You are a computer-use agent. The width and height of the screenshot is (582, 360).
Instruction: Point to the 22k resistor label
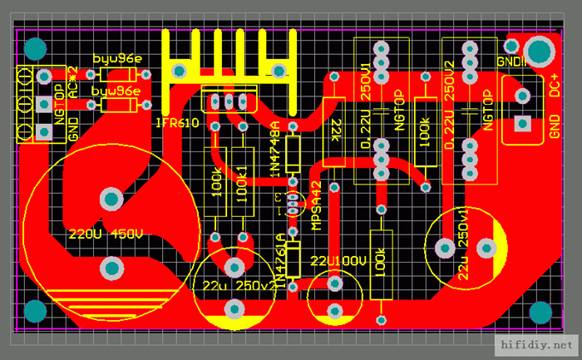pos(336,131)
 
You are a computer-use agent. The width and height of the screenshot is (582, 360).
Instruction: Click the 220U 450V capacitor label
pos(106,234)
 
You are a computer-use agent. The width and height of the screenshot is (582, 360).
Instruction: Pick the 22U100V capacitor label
pos(338,261)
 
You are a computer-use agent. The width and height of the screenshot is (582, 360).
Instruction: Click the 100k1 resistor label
pos(242,181)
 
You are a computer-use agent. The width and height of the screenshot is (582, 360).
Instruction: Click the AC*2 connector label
pos(73,82)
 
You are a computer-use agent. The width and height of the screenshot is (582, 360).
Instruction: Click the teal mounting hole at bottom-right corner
pos(540,312)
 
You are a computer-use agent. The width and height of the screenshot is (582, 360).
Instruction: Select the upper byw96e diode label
pos(116,60)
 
